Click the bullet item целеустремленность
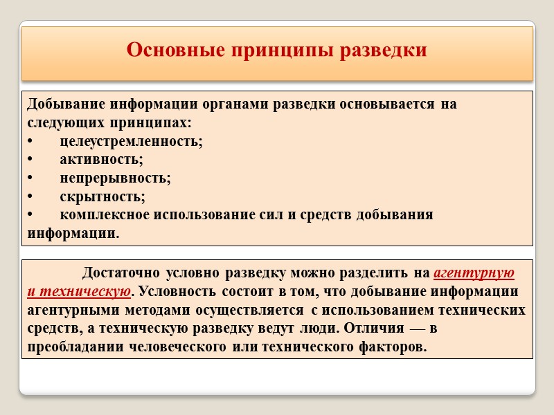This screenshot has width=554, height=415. tap(131, 141)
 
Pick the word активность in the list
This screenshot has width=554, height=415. tap(101, 160)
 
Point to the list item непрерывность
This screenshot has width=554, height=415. tap(115, 178)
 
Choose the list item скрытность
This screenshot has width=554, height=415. tap(102, 196)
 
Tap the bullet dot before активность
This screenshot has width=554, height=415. tap(30, 160)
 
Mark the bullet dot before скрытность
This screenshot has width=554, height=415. tap(30, 196)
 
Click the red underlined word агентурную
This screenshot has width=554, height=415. tap(474, 271)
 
